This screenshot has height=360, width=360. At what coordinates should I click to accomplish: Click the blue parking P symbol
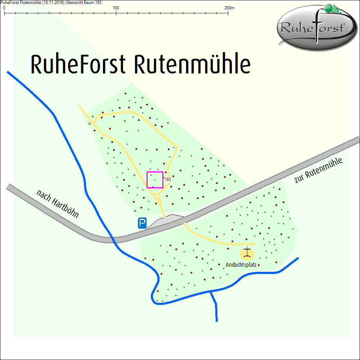tap(142, 224)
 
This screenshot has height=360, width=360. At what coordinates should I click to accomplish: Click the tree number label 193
tap(167, 179)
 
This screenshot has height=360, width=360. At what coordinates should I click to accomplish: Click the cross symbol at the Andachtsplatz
tap(247, 253)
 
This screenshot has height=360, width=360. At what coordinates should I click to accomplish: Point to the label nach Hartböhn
tap(57, 204)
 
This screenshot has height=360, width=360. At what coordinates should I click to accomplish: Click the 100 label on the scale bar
tap(116, 8)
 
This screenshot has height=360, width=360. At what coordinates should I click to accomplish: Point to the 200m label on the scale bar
tap(229, 8)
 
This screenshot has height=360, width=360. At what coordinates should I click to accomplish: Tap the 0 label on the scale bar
tap(4, 8)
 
